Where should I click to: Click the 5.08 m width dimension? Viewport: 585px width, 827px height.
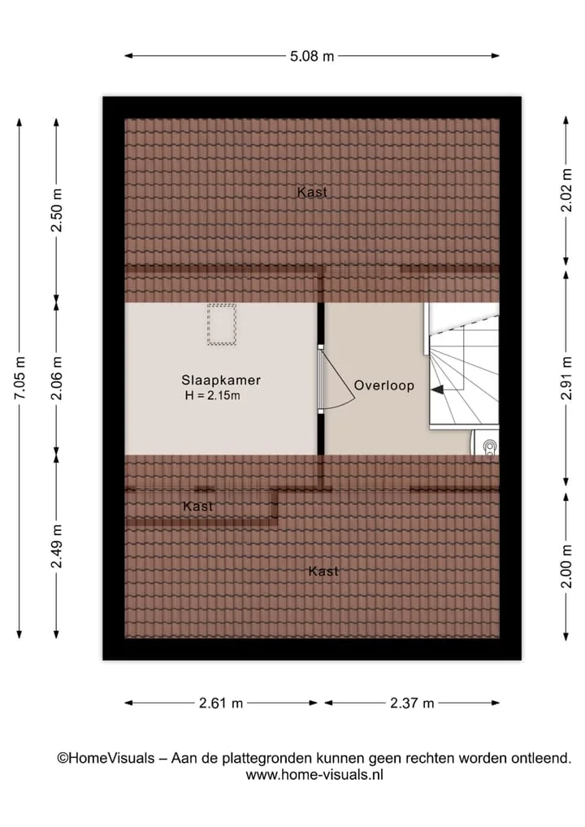click(312, 56)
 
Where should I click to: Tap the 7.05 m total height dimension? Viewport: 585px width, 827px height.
click(19, 377)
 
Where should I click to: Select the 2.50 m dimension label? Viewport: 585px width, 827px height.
click(56, 210)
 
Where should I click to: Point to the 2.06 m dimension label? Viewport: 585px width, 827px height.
click(56, 377)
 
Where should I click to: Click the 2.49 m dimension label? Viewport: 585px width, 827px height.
click(56, 546)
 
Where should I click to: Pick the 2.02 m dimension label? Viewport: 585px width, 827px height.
click(566, 189)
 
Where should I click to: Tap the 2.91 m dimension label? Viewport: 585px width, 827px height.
click(566, 377)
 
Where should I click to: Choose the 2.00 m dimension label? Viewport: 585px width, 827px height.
click(566, 567)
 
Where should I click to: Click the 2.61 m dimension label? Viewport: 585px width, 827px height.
click(221, 703)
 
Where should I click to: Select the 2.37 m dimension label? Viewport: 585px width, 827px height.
click(412, 703)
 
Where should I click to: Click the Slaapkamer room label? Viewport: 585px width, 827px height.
click(221, 380)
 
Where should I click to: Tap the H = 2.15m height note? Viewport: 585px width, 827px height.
click(212, 395)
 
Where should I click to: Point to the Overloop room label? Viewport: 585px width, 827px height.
click(384, 385)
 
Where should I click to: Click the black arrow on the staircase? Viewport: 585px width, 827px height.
click(437, 390)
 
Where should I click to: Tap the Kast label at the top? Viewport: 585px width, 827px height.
click(312, 192)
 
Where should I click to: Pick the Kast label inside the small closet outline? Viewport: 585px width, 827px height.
click(198, 507)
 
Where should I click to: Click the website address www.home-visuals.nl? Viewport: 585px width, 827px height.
click(314, 775)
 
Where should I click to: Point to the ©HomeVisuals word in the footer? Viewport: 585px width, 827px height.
click(106, 759)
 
